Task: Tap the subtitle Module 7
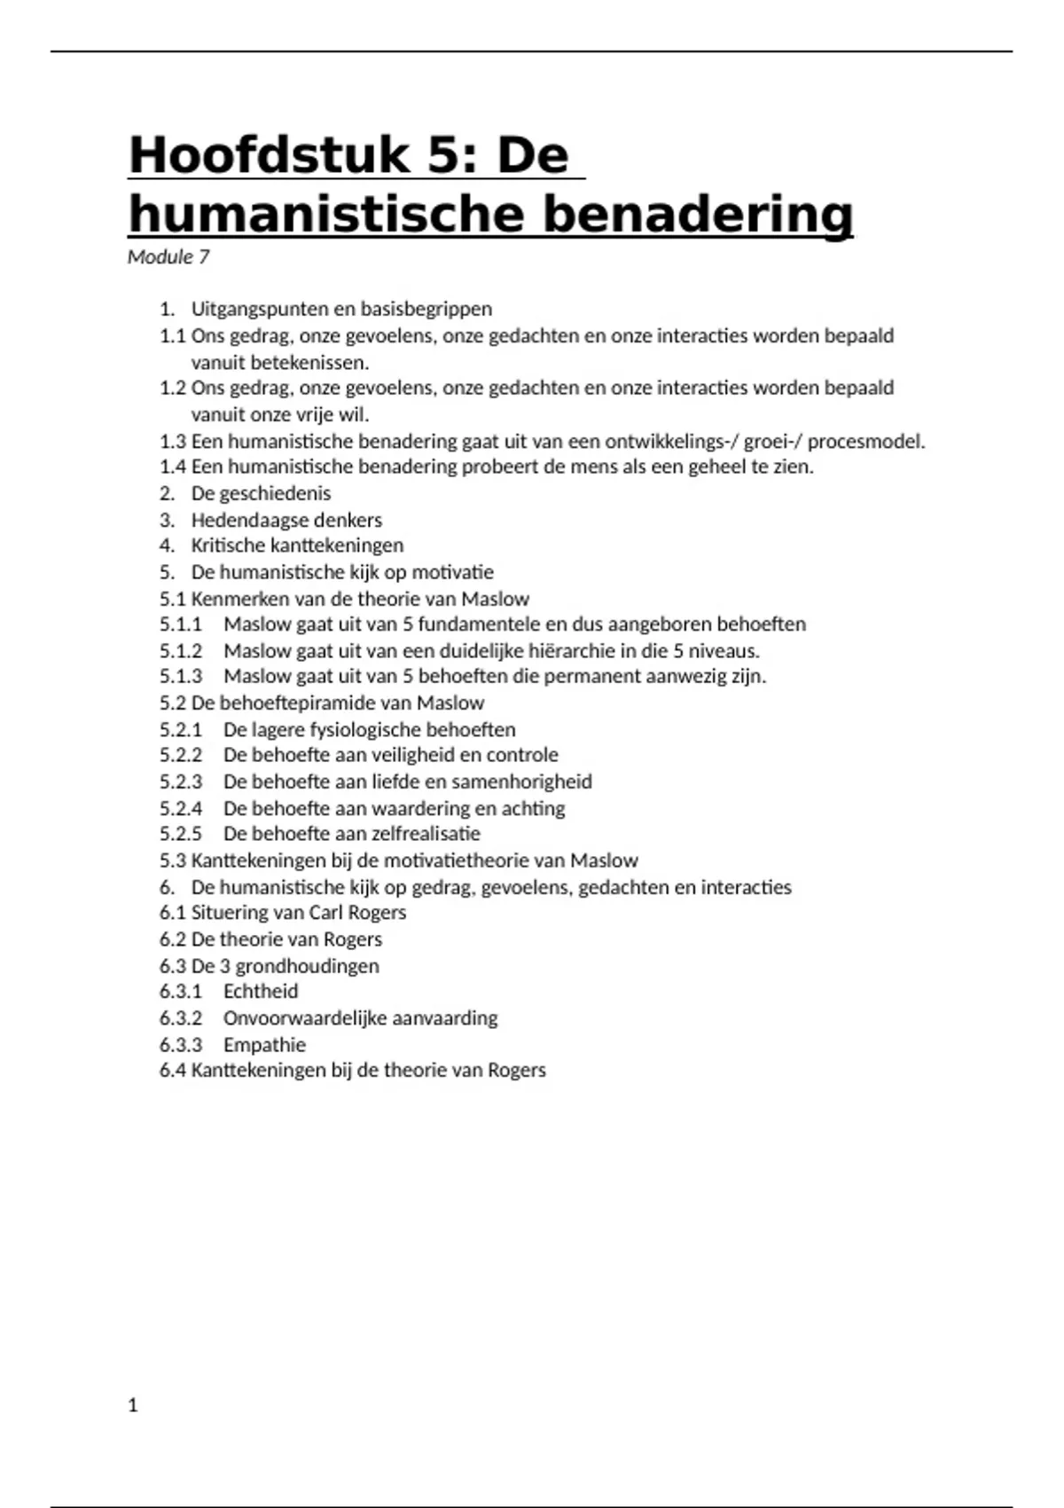click(168, 257)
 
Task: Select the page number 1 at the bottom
click(133, 1405)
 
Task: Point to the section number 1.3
click(173, 441)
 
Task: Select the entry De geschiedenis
click(261, 493)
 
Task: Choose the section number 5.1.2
click(181, 650)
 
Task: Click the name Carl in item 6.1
click(325, 912)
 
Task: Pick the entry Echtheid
click(261, 991)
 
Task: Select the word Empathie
click(264, 1045)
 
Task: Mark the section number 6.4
click(173, 1070)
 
